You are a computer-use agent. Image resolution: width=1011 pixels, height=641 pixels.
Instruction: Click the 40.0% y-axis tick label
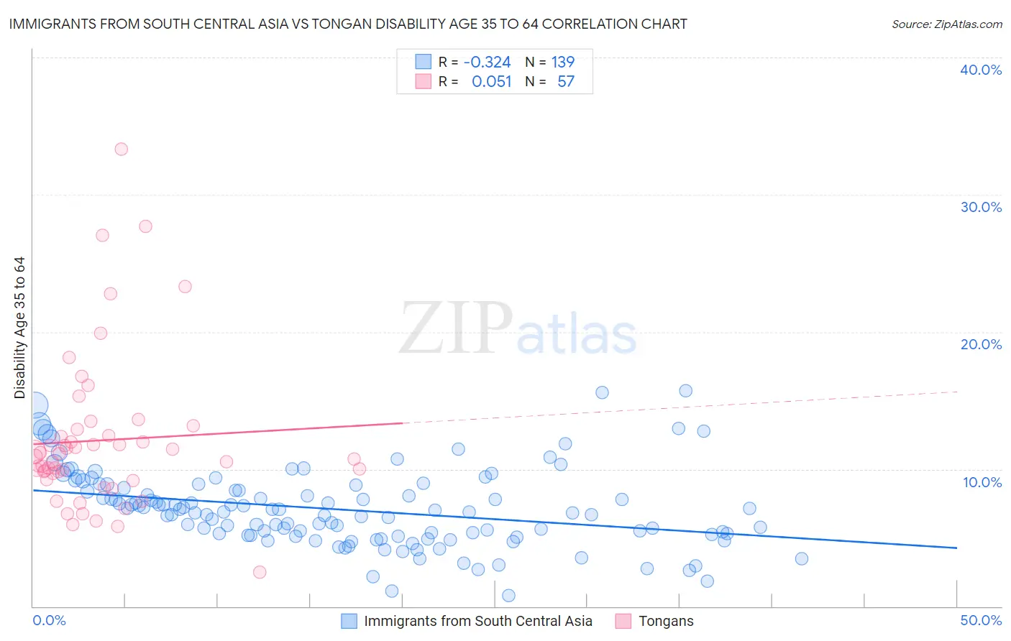pos(980,70)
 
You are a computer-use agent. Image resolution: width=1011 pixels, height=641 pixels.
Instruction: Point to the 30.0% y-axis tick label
pos(980,207)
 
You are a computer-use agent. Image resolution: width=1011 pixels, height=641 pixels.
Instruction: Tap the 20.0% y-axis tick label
pos(980,344)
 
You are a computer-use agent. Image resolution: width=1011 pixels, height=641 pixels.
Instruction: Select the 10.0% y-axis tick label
pos(982,482)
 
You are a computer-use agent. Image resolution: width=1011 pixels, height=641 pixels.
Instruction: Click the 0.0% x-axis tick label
pos(49,620)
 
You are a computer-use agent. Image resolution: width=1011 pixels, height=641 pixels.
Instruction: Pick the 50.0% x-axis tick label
pos(981,620)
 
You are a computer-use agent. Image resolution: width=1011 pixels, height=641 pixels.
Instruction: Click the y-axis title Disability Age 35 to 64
pos(19,328)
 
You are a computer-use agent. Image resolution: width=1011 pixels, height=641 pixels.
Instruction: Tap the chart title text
pos(348,24)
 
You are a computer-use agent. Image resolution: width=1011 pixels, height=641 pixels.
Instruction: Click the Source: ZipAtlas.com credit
pos(946,24)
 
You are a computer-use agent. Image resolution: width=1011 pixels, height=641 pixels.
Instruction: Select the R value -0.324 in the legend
pos(487,63)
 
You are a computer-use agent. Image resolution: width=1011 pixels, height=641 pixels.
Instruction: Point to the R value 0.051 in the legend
pos(491,82)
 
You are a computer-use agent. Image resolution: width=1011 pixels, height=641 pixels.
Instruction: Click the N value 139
pos(562,63)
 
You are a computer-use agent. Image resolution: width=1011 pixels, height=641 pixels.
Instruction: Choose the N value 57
pos(566,82)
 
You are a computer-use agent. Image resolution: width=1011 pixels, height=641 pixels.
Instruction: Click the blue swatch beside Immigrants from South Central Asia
pos(349,621)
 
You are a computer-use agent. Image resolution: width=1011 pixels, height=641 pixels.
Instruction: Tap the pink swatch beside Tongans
pos(623,621)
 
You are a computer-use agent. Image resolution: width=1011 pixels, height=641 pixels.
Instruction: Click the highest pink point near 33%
pos(122,149)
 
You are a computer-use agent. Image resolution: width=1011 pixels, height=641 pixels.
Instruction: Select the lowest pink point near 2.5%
pos(260,572)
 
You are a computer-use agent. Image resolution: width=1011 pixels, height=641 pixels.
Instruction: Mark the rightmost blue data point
pos(802,558)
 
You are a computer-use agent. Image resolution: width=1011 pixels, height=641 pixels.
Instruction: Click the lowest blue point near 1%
pos(508,595)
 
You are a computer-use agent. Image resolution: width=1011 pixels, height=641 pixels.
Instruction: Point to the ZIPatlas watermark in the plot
pos(518,328)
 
